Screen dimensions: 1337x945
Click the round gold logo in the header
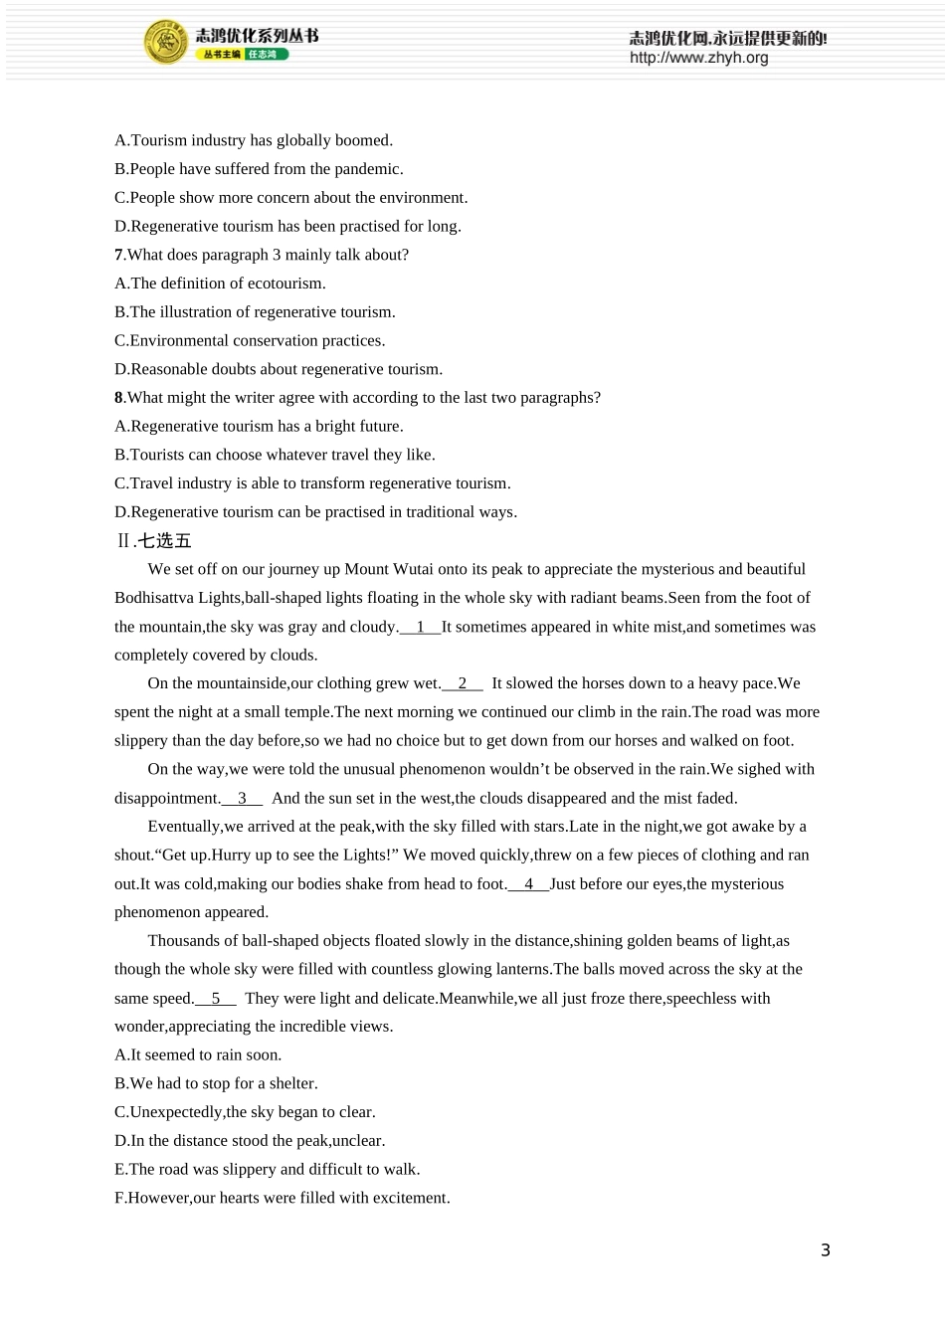[165, 43]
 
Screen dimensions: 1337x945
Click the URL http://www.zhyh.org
[698, 58]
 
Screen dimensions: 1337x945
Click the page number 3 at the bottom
[825, 1250]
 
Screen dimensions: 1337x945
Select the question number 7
[118, 255]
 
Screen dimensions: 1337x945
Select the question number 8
[118, 398]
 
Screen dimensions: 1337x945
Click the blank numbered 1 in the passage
[420, 627]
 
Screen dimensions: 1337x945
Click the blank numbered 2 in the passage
[463, 683]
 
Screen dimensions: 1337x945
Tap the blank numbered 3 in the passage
[242, 798]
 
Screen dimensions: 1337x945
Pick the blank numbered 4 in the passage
[528, 883]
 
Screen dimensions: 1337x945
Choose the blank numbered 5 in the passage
[216, 998]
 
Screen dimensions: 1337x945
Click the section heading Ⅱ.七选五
[153, 541]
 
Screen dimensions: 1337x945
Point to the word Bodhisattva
[154, 598]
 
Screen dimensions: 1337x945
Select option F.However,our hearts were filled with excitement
[283, 1198]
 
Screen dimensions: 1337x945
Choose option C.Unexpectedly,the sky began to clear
[245, 1112]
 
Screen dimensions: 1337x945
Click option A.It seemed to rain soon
[198, 1054]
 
